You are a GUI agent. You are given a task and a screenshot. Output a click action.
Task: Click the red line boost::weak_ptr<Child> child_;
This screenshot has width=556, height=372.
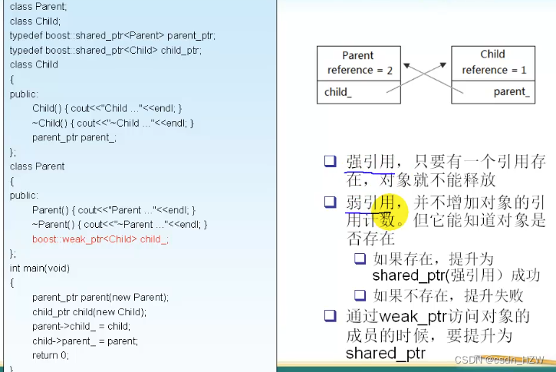click(100, 239)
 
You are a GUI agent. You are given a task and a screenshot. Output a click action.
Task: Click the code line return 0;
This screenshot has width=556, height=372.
click(51, 355)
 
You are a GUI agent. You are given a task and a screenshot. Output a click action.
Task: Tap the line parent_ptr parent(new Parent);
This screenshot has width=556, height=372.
click(100, 297)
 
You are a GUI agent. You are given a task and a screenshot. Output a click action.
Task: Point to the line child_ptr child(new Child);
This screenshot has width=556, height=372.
click(89, 311)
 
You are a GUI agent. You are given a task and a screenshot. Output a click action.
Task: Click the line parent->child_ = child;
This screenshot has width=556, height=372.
click(81, 326)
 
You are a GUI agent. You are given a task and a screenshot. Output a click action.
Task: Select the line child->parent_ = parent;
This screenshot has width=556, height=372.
click(86, 341)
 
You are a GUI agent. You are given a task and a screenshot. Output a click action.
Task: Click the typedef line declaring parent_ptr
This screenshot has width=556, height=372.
click(113, 36)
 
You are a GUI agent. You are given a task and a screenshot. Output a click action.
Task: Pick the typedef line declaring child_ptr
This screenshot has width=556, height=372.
click(106, 51)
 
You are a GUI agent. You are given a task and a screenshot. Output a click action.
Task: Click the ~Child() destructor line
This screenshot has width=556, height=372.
click(113, 123)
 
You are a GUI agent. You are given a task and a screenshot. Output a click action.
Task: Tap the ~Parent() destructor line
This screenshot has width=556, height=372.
click(120, 224)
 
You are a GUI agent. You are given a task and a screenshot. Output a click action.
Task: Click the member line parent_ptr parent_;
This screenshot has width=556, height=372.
click(74, 137)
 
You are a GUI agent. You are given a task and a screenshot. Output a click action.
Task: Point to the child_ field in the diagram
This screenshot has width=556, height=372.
click(337, 92)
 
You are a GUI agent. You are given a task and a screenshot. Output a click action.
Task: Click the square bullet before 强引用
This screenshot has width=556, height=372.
click(330, 161)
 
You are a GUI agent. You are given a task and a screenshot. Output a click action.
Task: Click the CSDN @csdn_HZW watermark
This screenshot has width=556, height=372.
click(499, 359)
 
